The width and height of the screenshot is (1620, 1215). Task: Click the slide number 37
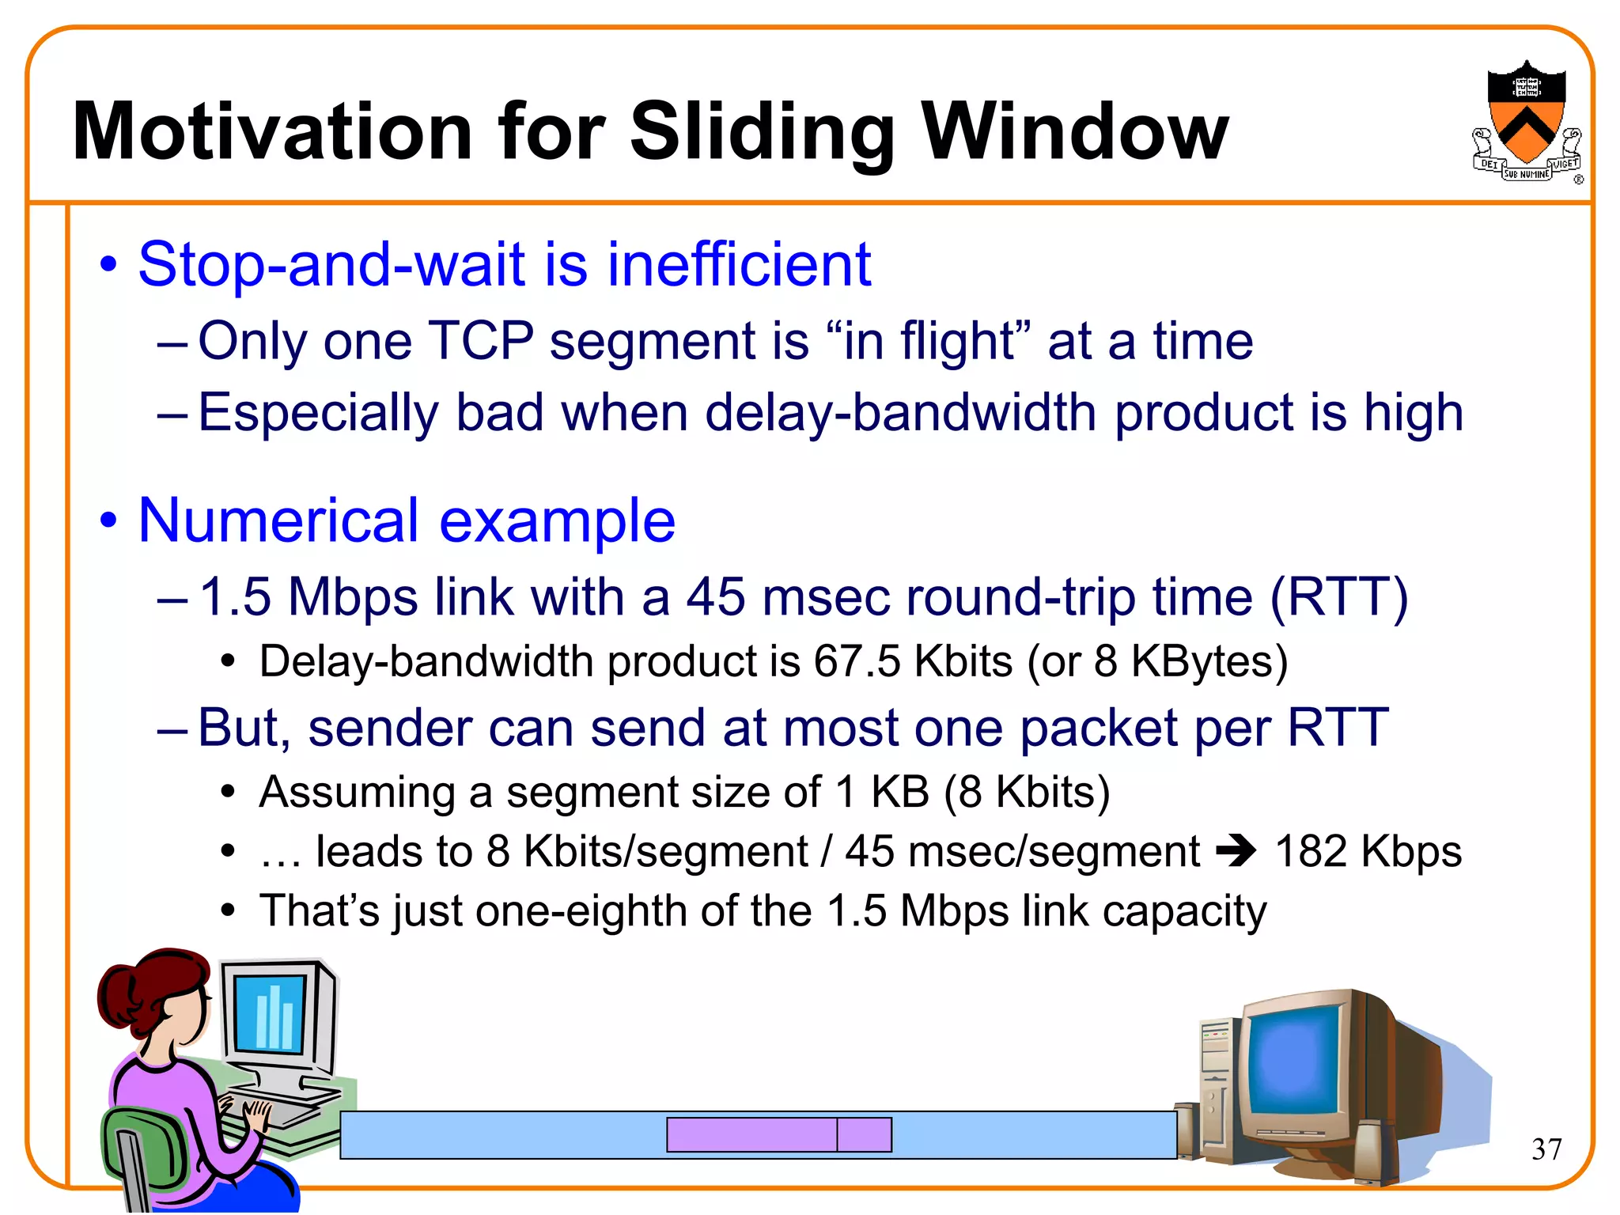click(1546, 1149)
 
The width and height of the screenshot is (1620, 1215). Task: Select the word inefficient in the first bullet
click(739, 264)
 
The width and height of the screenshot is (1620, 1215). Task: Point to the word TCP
click(480, 342)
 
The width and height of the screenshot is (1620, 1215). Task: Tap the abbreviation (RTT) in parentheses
click(1338, 596)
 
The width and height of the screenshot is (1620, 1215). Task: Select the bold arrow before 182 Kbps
click(1236, 852)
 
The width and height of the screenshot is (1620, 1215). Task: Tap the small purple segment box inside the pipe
click(864, 1134)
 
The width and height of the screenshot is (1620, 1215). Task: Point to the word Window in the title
click(1075, 133)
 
